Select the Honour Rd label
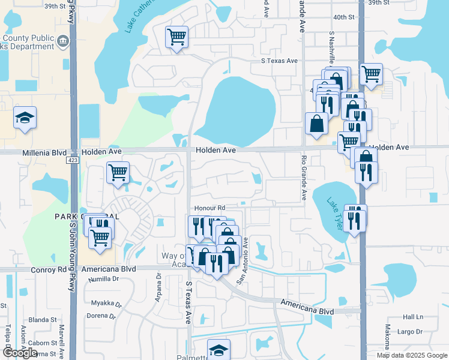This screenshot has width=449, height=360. tap(209, 208)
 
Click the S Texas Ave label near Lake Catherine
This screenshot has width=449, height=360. tap(279, 61)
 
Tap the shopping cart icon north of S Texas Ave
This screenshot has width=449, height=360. tap(177, 37)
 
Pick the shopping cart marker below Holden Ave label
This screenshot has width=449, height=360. tap(118, 173)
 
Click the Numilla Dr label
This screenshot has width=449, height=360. tap(104, 279)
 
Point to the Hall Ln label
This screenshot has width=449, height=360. tap(413, 317)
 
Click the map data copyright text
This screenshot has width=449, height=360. tap(411, 355)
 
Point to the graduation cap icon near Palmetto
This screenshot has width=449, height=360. tap(218, 350)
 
